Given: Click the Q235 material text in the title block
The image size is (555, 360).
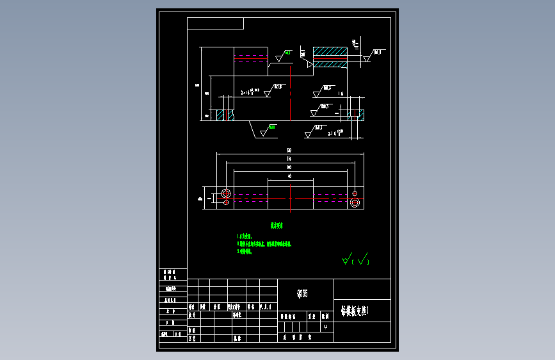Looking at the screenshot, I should [x=302, y=294].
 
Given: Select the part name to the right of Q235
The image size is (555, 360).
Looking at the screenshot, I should [x=355, y=311].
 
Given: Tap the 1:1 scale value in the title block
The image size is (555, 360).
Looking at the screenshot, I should [x=325, y=327].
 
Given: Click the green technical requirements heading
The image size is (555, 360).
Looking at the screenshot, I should [x=276, y=225].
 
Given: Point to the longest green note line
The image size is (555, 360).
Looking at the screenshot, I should [x=264, y=244].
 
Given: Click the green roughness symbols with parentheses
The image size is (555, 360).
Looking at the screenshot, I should [x=356, y=259].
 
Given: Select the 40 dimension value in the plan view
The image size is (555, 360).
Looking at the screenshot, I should [x=289, y=176].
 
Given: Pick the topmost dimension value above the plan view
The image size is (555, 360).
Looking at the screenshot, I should [x=289, y=150].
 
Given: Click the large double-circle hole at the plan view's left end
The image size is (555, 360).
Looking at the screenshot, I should [x=225, y=193].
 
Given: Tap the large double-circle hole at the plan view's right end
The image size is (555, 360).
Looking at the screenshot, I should [x=355, y=202].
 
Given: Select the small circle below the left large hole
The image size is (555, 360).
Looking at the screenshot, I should [x=225, y=203].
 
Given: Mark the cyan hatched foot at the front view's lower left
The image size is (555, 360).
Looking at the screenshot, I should [x=225, y=115].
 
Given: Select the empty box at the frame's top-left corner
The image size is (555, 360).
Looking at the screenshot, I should [x=215, y=24].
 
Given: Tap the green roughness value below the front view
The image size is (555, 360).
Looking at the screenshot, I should [x=272, y=127].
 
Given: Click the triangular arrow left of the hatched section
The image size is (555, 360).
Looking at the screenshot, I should [x=309, y=64].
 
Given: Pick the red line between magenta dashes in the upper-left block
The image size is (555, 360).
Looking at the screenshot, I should [x=250, y=58].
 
